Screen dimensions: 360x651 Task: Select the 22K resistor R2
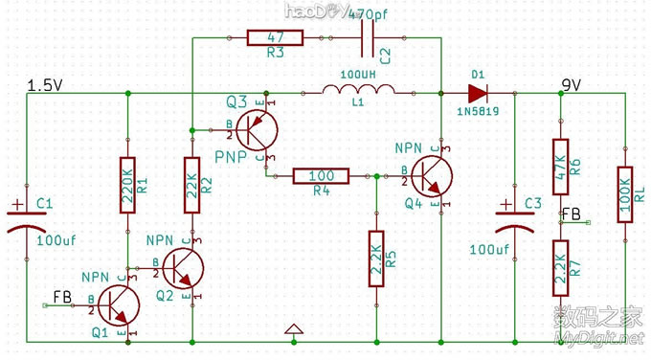pyautogui.click(x=192, y=184)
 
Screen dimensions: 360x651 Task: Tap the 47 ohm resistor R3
pyautogui.click(x=275, y=38)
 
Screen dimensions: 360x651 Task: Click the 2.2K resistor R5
pyautogui.click(x=376, y=259)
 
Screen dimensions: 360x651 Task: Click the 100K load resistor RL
pyautogui.click(x=625, y=194)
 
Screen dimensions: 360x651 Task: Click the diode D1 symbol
pyautogui.click(x=477, y=93)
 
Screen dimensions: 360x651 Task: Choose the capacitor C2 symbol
pyautogui.click(x=370, y=39)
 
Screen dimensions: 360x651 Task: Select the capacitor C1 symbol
pyautogui.click(x=27, y=217)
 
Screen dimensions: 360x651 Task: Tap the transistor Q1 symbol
pyautogui.click(x=115, y=305)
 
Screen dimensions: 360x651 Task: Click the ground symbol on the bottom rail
pyautogui.click(x=295, y=331)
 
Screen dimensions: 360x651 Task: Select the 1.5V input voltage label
pyautogui.click(x=45, y=85)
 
